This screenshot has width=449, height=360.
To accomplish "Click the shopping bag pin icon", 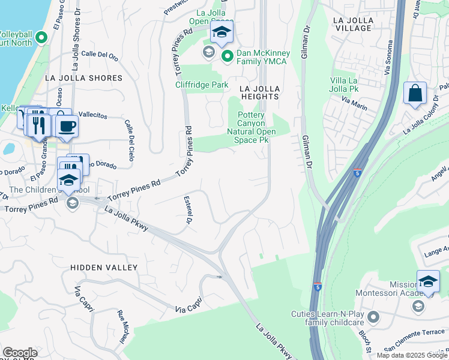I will [x=415, y=94].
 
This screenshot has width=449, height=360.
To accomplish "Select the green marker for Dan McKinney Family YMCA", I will [x=228, y=57].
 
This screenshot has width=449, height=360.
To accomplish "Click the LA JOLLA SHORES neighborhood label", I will [x=83, y=78].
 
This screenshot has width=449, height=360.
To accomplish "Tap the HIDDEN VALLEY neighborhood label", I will [x=104, y=267].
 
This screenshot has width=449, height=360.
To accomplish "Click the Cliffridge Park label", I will [x=202, y=85].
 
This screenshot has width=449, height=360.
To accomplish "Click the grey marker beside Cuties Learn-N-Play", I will [x=374, y=316].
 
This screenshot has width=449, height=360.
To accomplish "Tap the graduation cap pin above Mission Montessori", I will [x=428, y=281].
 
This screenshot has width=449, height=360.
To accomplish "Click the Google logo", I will [x=20, y=352].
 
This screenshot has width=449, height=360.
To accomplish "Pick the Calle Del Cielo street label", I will [x=129, y=140].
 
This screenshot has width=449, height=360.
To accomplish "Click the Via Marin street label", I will [x=354, y=102].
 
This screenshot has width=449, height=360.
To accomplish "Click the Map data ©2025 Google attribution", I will [x=412, y=355].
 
